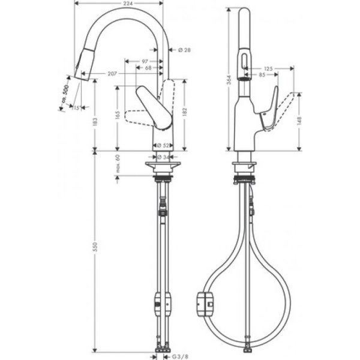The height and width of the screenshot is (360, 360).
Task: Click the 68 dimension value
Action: tap(148, 68)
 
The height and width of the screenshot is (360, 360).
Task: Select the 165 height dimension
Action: tap(118, 114)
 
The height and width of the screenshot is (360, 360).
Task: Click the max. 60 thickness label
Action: tap(118, 165)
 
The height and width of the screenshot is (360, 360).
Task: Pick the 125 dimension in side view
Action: tap(268, 69)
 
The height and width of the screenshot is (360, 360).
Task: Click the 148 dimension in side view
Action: tap(300, 120)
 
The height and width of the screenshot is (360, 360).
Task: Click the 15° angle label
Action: tap(76, 108)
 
